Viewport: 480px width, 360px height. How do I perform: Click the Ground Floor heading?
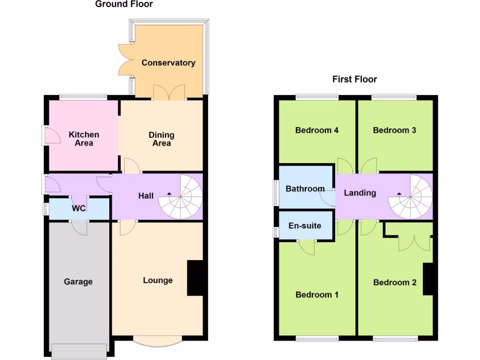pyautogui.click(x=124, y=5)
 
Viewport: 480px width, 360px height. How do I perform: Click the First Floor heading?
pyautogui.click(x=354, y=79)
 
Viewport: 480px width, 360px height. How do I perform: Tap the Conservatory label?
pyautogui.click(x=168, y=63)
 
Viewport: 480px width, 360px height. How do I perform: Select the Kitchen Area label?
pyautogui.click(x=84, y=139)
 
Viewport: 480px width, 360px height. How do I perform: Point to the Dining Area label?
pyautogui.click(x=161, y=139)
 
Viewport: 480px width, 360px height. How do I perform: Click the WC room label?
pyautogui.click(x=79, y=208)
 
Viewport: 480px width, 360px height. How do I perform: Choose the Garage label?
pyautogui.click(x=78, y=282)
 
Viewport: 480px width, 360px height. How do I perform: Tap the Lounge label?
pyautogui.click(x=157, y=280)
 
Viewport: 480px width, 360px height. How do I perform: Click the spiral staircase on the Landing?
pyautogui.click(x=410, y=197)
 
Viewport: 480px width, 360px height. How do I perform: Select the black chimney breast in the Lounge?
pyautogui.click(x=195, y=278)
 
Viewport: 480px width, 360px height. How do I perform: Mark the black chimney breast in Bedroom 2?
pyautogui.click(x=427, y=279)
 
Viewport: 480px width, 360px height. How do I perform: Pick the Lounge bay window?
pyautogui.click(x=157, y=341)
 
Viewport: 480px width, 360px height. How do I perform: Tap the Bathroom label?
pyautogui.click(x=305, y=189)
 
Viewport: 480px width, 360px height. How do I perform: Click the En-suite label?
pyautogui.click(x=305, y=226)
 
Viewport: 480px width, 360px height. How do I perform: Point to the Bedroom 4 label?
pyautogui.click(x=317, y=130)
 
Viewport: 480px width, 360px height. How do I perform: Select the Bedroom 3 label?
pyautogui.click(x=394, y=130)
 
